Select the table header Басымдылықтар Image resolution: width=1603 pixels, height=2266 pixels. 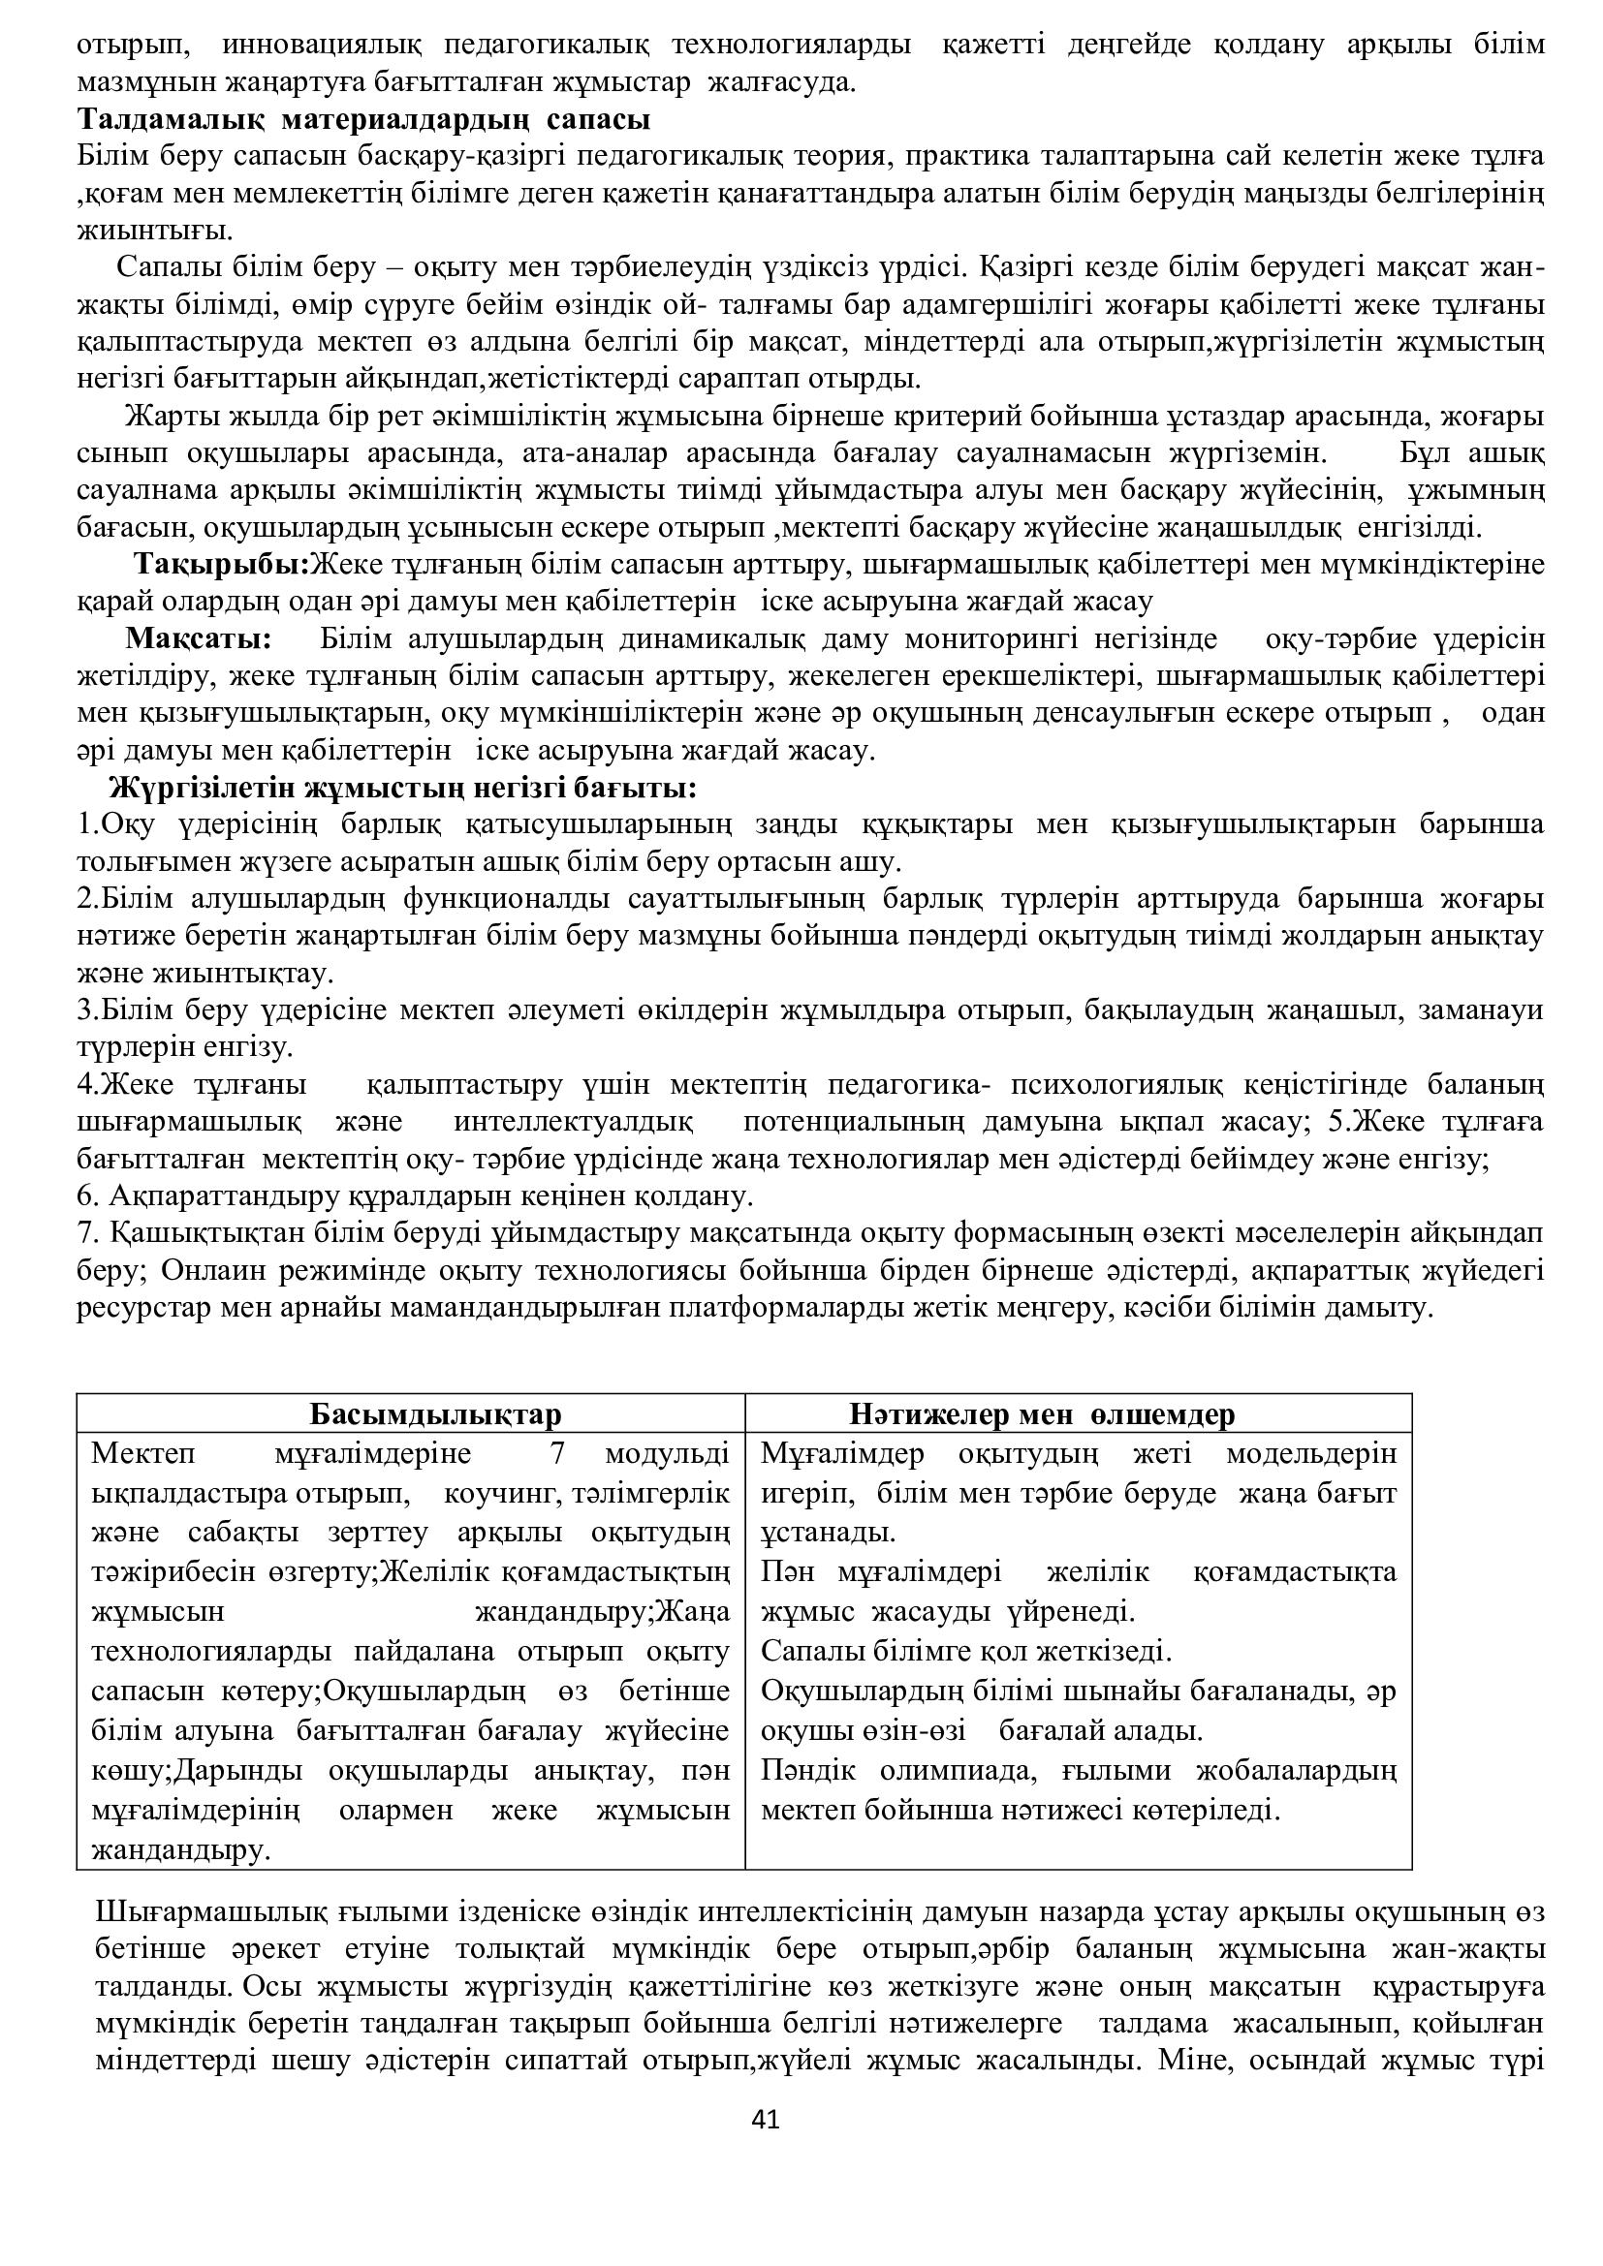point(435,1414)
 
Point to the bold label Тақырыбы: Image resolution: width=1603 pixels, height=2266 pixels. point(223,565)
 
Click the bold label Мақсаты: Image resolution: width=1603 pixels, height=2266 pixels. point(199,638)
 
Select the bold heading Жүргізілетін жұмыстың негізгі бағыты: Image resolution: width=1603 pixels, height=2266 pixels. point(403,789)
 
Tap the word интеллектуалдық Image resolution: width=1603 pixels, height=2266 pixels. point(574,1123)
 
